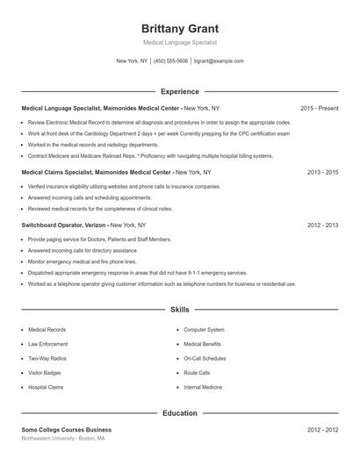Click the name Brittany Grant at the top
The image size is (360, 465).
(179, 28)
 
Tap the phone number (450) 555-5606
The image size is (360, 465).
(171, 61)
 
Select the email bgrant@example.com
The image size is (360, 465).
(218, 61)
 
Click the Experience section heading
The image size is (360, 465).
(179, 91)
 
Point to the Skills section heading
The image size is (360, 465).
(179, 310)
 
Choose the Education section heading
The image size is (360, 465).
(179, 412)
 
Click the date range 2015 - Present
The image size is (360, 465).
(319, 108)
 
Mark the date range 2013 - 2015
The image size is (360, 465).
(322, 173)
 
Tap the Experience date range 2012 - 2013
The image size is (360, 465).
(322, 225)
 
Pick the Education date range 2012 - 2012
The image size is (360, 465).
(322, 430)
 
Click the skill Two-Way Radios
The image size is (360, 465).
(47, 358)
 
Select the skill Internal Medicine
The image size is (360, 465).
(203, 387)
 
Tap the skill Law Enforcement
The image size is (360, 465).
(47, 344)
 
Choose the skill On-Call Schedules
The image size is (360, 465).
(205, 358)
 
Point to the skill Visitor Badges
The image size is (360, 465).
(46, 373)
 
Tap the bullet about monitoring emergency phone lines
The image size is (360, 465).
(82, 261)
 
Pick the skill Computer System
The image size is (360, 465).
(203, 330)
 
